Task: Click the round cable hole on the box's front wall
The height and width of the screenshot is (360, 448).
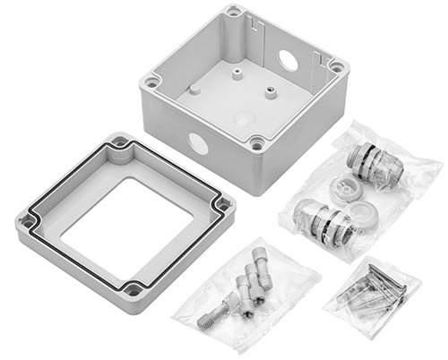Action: (x=195, y=141)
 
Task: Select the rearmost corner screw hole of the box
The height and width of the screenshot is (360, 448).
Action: (x=234, y=12)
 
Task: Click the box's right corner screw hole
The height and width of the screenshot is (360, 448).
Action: (x=336, y=65)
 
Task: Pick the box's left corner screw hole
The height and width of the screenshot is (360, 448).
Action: (x=151, y=81)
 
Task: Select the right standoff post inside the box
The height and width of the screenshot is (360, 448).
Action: (x=268, y=90)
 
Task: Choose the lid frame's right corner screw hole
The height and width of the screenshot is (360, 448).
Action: (x=222, y=205)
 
